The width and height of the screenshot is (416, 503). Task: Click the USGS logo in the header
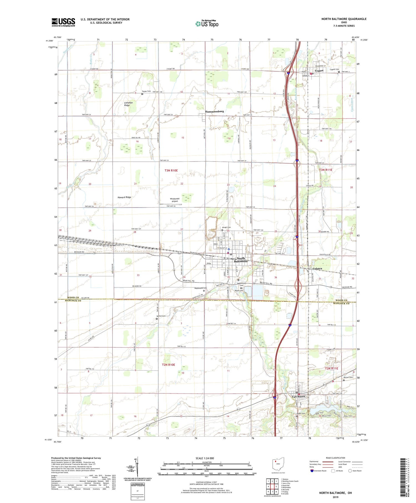tap(63, 22)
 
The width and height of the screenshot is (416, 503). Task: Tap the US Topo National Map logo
tap(207, 24)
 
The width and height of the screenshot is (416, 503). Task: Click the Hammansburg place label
tap(214, 112)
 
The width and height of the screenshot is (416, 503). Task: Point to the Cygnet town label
tap(319, 71)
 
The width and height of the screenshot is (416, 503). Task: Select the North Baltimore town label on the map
tap(240, 260)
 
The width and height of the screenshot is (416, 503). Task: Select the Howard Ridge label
tap(124, 197)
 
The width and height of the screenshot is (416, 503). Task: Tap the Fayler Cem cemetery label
tap(146, 91)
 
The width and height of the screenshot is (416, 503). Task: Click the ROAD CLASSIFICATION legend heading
tap(336, 458)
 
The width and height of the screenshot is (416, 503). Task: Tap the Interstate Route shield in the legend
tap(312, 471)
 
